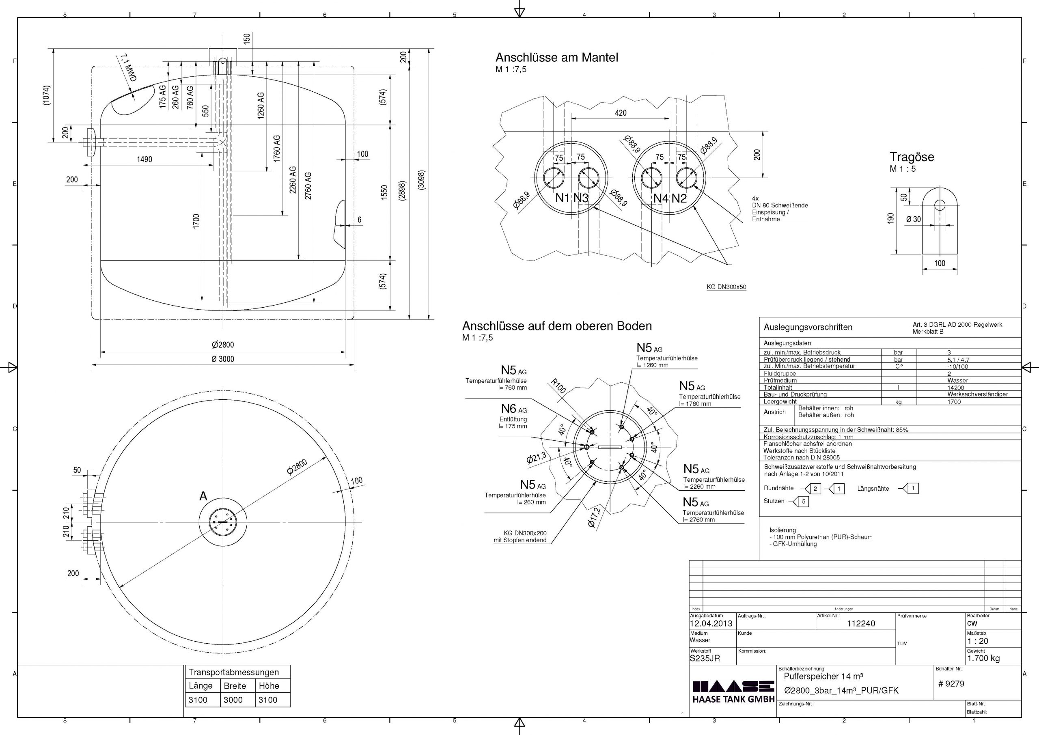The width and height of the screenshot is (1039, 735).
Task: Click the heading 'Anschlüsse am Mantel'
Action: coord(556,58)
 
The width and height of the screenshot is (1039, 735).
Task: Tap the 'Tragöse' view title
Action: coord(912,157)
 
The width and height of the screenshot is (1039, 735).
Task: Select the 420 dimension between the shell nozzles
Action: coord(621,113)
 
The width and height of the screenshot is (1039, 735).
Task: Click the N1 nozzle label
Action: coord(563,198)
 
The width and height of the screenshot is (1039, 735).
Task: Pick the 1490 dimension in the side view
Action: coord(144,160)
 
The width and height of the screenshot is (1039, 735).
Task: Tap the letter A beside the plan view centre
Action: coord(203,496)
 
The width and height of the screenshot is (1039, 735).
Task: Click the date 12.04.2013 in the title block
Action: coord(711,623)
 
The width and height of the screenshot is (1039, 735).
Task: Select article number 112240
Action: coord(861,623)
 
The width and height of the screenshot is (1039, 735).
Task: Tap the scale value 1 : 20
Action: coord(977,641)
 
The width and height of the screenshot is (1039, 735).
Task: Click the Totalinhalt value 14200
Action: coord(955,388)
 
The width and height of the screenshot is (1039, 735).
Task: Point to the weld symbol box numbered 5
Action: coord(803,502)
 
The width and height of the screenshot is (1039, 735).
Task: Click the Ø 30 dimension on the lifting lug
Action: coord(913,220)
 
